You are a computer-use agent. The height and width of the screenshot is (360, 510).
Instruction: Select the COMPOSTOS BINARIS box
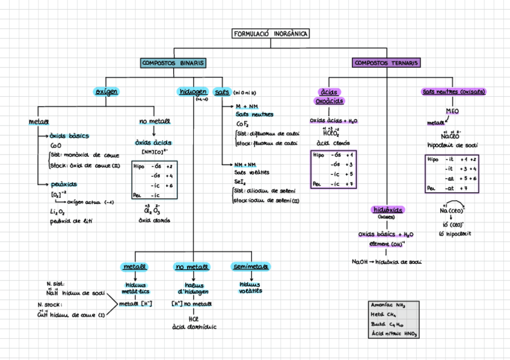(x=173, y=63)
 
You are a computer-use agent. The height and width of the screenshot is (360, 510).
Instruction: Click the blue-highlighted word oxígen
(x=106, y=91)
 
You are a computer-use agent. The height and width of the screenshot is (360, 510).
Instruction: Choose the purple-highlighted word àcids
(x=328, y=92)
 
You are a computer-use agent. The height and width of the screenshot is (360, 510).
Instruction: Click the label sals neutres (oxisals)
(x=454, y=92)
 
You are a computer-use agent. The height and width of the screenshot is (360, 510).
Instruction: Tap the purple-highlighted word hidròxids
(x=387, y=210)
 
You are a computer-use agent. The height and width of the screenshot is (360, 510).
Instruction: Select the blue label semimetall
(x=250, y=266)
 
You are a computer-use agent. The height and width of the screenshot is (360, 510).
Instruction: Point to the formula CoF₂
(x=242, y=124)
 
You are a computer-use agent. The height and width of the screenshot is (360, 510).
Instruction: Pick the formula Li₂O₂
(x=58, y=212)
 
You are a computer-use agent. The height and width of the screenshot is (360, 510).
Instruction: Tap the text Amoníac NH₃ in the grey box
(x=389, y=305)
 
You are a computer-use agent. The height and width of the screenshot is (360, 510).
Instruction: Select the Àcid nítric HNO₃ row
(x=394, y=333)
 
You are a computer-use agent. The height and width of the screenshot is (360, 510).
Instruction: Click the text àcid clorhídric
(x=194, y=327)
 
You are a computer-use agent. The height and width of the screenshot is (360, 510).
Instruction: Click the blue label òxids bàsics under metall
(x=69, y=136)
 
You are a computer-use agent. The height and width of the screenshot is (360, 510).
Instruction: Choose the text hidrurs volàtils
(x=250, y=287)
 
